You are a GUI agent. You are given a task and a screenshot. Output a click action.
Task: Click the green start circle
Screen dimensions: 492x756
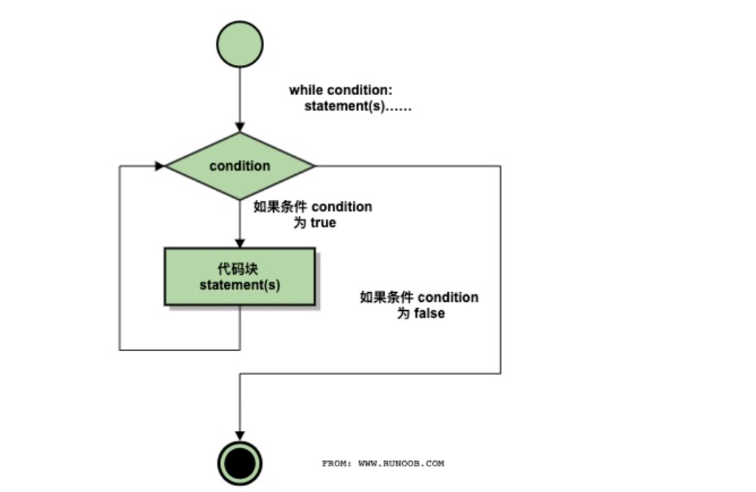(x=240, y=44)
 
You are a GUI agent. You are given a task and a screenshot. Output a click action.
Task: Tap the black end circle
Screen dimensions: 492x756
(x=240, y=463)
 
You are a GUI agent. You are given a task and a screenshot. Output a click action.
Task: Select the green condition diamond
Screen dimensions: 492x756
(x=240, y=166)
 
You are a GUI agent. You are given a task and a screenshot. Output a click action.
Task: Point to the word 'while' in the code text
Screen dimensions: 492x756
(x=306, y=91)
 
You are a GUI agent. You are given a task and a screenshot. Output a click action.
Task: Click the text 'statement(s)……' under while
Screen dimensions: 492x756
(x=358, y=106)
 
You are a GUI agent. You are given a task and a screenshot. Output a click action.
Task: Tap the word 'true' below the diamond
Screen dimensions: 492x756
(x=323, y=223)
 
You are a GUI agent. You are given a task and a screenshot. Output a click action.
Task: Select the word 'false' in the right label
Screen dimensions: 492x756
(x=429, y=313)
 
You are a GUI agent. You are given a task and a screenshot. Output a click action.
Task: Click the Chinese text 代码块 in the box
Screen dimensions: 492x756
(x=240, y=268)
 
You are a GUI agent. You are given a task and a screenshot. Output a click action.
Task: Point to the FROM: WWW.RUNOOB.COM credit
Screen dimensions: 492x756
(x=383, y=463)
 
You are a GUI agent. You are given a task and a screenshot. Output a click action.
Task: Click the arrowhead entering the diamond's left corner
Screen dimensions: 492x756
(x=160, y=166)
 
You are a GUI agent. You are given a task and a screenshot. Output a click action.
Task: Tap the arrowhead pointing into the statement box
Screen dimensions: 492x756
(x=240, y=243)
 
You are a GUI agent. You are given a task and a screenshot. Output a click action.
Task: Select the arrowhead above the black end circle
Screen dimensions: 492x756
(x=240, y=435)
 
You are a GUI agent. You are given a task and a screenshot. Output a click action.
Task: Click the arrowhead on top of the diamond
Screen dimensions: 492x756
(x=240, y=128)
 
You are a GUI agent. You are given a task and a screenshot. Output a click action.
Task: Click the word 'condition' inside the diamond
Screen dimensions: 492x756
(x=240, y=166)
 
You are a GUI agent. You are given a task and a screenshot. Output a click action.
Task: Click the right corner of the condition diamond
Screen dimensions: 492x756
(x=312, y=166)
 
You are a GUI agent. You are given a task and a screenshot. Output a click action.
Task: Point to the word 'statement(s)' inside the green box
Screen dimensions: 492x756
(x=240, y=285)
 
